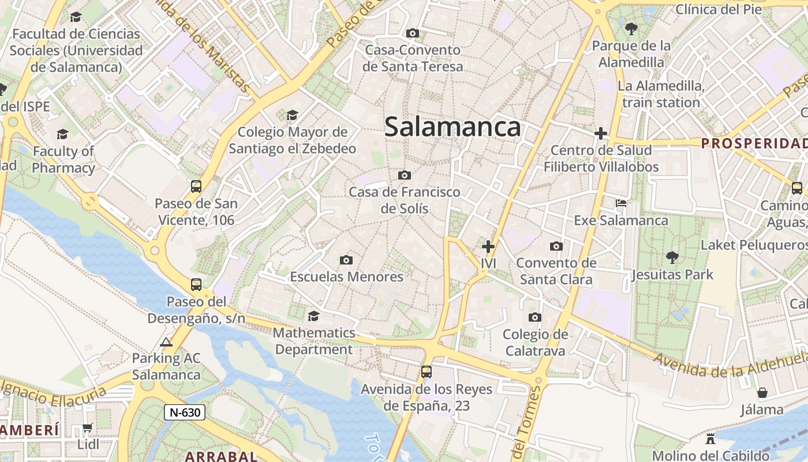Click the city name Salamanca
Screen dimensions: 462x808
click(452, 126)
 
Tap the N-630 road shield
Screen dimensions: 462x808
click(185, 412)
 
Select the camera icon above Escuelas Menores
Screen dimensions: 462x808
click(346, 260)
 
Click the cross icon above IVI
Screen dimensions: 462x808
click(488, 247)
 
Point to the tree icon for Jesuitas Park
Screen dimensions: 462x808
click(672, 257)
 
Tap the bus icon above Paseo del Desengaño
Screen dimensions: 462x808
click(196, 284)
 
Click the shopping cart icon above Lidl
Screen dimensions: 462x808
click(88, 428)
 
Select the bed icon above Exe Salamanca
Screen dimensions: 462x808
click(621, 203)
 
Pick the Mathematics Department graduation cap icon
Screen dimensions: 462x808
click(313, 316)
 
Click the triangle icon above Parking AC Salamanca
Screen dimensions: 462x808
click(166, 342)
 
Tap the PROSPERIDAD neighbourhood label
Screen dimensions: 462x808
click(754, 143)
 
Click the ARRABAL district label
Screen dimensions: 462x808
click(221, 456)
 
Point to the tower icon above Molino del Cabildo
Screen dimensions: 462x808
click(710, 438)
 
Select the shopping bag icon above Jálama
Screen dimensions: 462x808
click(762, 393)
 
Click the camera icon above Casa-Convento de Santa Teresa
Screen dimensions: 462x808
click(413, 33)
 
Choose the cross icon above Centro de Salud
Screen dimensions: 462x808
click(601, 134)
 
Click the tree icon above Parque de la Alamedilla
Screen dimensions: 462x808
click(631, 28)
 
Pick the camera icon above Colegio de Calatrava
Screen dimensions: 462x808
click(535, 317)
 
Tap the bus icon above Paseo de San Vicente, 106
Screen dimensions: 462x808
click(196, 187)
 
